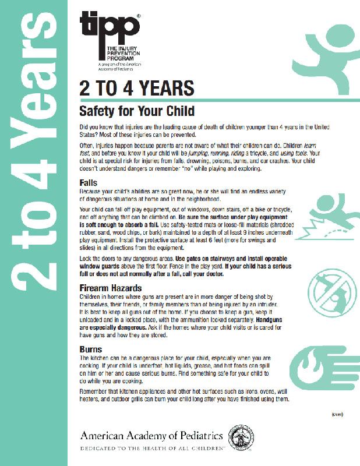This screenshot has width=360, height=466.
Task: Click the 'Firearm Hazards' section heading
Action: click(112, 288)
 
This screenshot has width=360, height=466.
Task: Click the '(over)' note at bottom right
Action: click(338, 414)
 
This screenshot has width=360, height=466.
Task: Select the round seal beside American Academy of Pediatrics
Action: click(239, 437)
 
